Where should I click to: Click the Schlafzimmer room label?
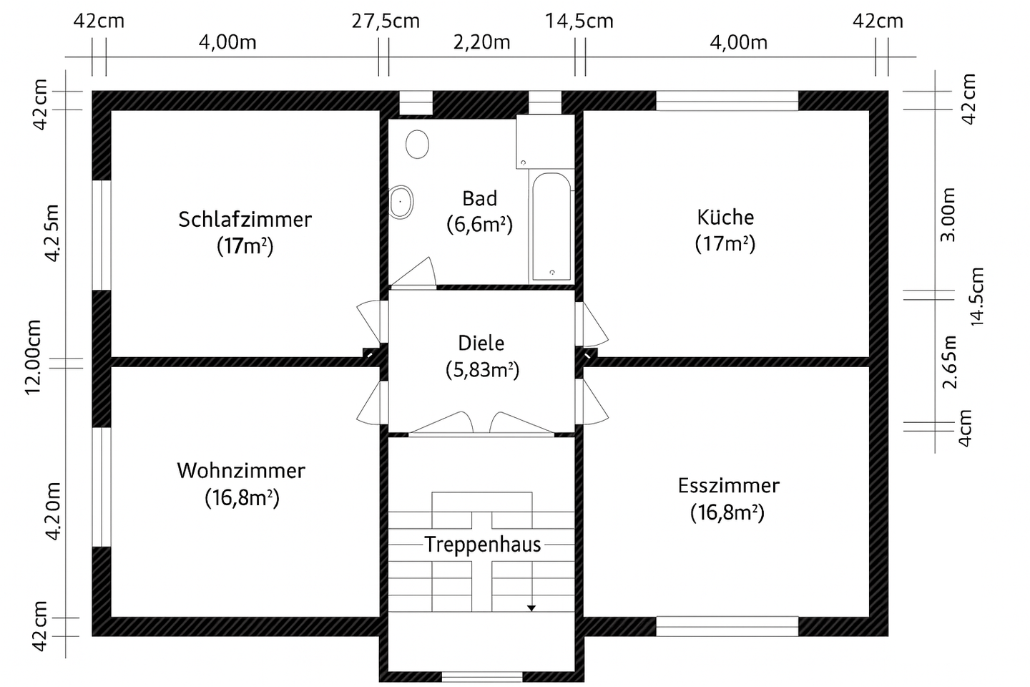(245, 219)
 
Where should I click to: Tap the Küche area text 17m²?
(725, 244)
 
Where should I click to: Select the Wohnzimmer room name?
(241, 471)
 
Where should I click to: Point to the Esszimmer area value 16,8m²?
(727, 512)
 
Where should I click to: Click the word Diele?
(481, 343)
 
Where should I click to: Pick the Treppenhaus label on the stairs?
(482, 545)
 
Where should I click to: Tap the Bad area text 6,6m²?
(479, 225)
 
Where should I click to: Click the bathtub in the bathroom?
(551, 226)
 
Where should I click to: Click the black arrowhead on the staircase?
(531, 608)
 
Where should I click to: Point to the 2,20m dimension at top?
(482, 42)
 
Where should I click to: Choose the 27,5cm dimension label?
(386, 21)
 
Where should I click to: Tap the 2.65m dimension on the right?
(949, 361)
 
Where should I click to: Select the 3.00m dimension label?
(948, 215)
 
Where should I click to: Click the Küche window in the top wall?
(727, 101)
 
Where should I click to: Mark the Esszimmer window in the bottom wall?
(727, 626)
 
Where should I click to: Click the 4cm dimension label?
(965, 428)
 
